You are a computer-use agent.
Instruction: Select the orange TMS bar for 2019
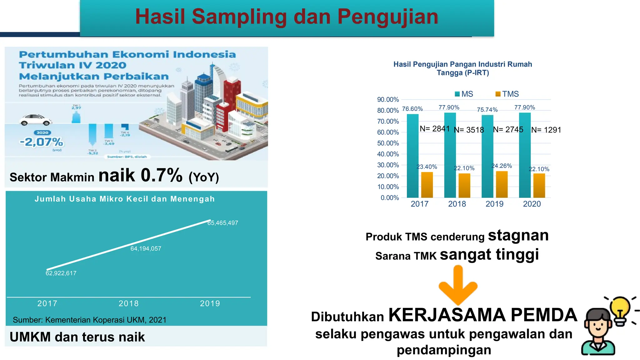pyautogui.click(x=502, y=184)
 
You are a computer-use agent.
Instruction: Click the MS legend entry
pyautogui.click(x=464, y=94)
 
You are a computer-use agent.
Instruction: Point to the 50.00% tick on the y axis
pyautogui.click(x=388, y=143)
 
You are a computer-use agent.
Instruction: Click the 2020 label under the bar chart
pyautogui.click(x=532, y=204)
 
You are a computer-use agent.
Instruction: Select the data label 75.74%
pyautogui.click(x=487, y=110)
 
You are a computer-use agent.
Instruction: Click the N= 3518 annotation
pyautogui.click(x=469, y=130)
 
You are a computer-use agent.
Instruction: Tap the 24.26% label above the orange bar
pyautogui.click(x=502, y=166)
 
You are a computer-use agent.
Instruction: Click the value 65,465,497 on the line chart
pyautogui.click(x=223, y=223)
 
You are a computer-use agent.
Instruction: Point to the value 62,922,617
pyautogui.click(x=61, y=273)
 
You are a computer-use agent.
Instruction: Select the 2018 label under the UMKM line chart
pyautogui.click(x=128, y=303)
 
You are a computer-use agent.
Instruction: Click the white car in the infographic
pyautogui.click(x=36, y=120)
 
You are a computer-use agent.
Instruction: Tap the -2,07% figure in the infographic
pyautogui.click(x=42, y=142)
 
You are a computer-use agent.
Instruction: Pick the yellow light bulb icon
pyautogui.click(x=620, y=309)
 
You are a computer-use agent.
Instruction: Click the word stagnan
pyautogui.click(x=518, y=235)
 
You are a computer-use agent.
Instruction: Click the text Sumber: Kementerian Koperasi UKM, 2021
pyautogui.click(x=90, y=320)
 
